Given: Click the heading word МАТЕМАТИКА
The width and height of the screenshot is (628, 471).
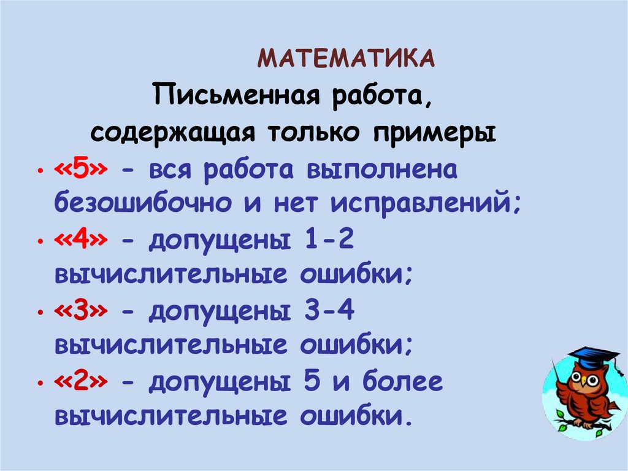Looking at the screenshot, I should pos(347,58).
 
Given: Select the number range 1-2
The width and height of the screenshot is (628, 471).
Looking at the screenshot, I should pos(329,242).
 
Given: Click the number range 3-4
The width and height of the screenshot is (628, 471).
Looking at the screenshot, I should pos(329,312).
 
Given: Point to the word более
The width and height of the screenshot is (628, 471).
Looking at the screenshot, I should pos(402,383).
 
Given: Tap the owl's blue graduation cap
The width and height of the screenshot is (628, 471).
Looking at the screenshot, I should pos(592,358).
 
